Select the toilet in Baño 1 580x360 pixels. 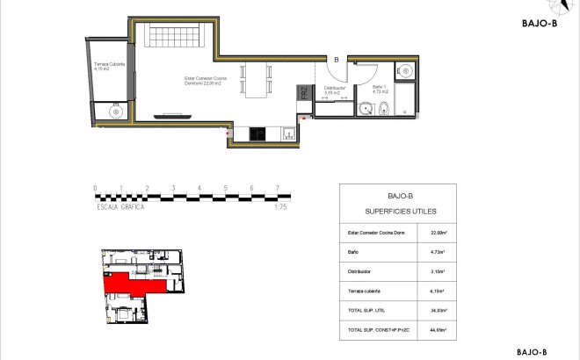pyautogui.click(x=384, y=108)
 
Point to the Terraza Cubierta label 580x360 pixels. pyautogui.click(x=110, y=66)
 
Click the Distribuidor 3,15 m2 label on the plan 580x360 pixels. pyautogui.click(x=335, y=89)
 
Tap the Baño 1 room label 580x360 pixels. pyautogui.click(x=381, y=89)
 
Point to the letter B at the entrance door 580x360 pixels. pyautogui.click(x=336, y=60)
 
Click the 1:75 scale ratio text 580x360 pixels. pyautogui.click(x=281, y=207)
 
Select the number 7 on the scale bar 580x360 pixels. pyautogui.click(x=278, y=188)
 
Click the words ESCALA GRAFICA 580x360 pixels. pyautogui.click(x=120, y=207)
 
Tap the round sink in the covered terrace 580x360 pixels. pyautogui.click(x=113, y=112)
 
